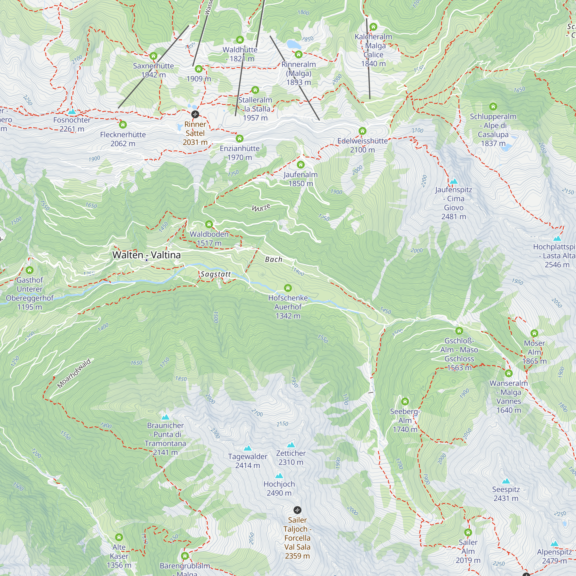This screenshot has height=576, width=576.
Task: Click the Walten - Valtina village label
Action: tap(146, 255)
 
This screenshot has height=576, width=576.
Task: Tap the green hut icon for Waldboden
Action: tap(209, 224)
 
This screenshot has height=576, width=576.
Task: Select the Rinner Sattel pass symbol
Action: tap(195, 114)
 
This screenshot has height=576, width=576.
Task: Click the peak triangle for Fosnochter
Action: tap(71, 112)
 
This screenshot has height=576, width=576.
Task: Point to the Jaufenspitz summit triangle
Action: tap(454, 181)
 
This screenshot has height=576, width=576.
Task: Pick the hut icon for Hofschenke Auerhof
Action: tap(288, 288)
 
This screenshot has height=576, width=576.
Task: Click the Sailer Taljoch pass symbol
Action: tap(297, 510)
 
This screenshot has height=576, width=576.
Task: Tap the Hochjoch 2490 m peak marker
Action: tap(279, 476)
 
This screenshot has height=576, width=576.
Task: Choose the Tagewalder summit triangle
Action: tap(247, 448)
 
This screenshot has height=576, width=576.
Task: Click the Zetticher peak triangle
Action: tap(291, 445)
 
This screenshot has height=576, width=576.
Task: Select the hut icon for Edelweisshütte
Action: tap(362, 131)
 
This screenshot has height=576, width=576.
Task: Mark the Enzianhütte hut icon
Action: tap(239, 138)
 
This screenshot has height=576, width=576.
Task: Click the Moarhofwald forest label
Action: tap(74, 374)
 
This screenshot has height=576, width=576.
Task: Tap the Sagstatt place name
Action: tap(215, 274)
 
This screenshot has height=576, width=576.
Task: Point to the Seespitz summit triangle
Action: tap(506, 481)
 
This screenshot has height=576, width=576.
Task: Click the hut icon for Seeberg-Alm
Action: tap(405, 401)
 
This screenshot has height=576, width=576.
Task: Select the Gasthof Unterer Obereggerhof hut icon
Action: tap(29, 270)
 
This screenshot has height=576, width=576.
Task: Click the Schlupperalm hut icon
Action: tap(493, 107)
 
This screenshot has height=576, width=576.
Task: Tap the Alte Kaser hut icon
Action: tap(119, 537)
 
